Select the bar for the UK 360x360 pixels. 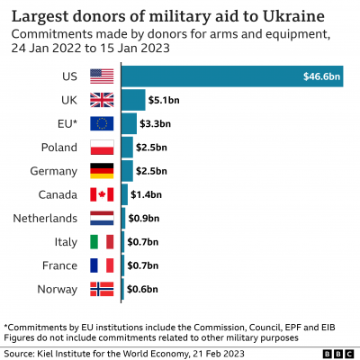pos(132,100)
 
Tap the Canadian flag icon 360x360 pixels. pos(103,194)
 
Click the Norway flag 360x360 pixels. pos(103,289)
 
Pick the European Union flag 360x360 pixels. pos(103,123)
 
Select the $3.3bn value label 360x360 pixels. pos(155,123)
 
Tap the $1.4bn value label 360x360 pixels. pos(146,194)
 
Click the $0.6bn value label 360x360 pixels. pos(141,289)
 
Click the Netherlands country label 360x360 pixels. pos(44,218)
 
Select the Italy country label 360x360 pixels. pos(67,241)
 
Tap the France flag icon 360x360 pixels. pos(103,265)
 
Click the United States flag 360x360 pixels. pos(103,76)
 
